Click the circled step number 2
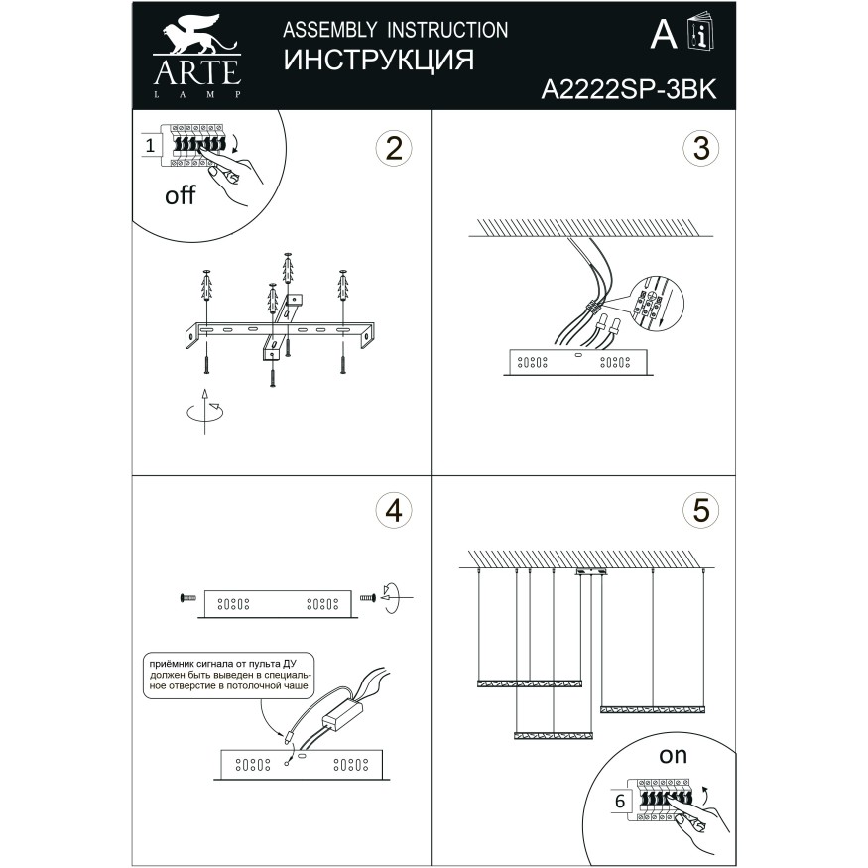(x=393, y=149)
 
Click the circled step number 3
(x=700, y=149)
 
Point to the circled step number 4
(x=393, y=510)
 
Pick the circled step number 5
(x=700, y=510)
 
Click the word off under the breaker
(x=180, y=195)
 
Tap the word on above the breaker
(x=673, y=755)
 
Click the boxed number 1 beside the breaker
(x=150, y=146)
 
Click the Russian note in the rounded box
(x=227, y=673)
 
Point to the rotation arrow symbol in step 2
(x=203, y=412)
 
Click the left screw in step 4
(x=186, y=597)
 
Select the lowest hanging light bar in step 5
(x=553, y=735)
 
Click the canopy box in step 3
(x=577, y=362)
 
